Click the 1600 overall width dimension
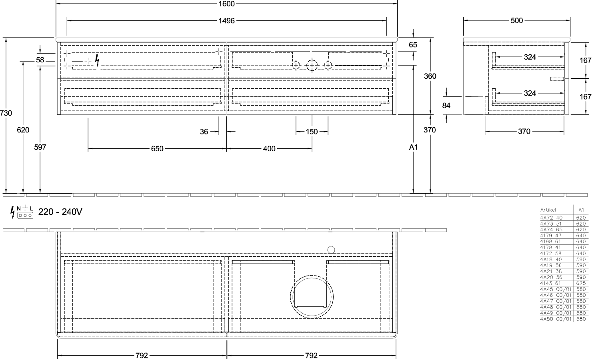click(226, 4)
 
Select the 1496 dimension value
click(226, 21)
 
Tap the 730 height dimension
click(6, 113)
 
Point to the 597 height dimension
click(40, 147)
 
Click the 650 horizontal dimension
click(157, 149)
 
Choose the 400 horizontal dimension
click(269, 149)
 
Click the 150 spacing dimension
click(312, 132)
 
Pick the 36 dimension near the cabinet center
click(204, 132)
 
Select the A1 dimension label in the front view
click(413, 147)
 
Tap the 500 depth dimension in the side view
click(517, 21)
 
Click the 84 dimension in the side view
click(446, 106)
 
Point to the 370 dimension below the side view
click(524, 132)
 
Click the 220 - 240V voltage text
click(60, 212)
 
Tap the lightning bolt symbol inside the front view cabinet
click(97, 60)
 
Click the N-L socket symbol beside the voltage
click(25, 212)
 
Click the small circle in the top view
click(331, 250)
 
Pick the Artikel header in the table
click(548, 210)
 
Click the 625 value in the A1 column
click(581, 283)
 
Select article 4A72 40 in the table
click(551, 218)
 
